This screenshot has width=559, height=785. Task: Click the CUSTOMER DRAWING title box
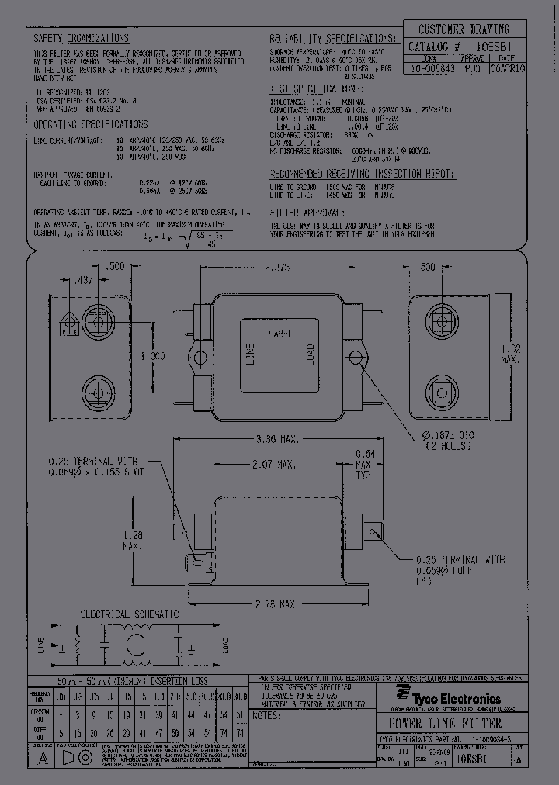(464, 29)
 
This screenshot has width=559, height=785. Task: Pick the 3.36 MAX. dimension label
(277, 440)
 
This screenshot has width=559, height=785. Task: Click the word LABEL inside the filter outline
(279, 334)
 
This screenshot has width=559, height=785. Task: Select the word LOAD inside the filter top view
(310, 354)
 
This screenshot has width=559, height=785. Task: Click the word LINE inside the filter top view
(251, 354)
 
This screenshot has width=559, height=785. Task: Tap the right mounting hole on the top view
(356, 358)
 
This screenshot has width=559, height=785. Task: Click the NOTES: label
(267, 716)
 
